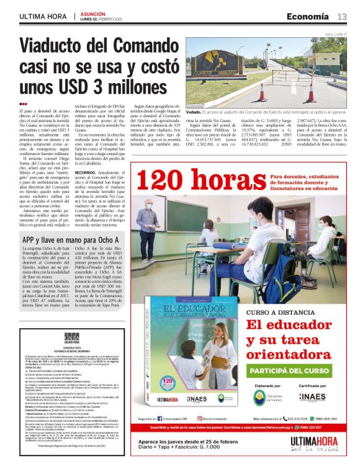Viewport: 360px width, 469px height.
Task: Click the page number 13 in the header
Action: point(342,16)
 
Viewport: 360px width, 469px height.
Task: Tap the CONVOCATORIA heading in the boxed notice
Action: point(68,349)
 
